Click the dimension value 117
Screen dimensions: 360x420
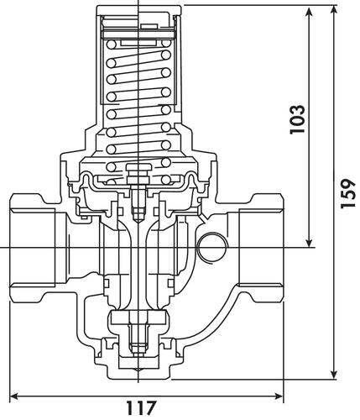pos(140,407)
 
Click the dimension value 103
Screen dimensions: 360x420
pos(297,119)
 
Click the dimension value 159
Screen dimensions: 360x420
pos(348,193)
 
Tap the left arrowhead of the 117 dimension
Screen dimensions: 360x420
pos(14,396)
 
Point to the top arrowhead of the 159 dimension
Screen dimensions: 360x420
pos(334,10)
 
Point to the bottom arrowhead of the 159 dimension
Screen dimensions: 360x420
pos(334,375)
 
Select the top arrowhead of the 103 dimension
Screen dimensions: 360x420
pos(309,12)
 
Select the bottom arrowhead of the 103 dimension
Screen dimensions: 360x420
pos(309,243)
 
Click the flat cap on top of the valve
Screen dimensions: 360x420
pos(139,10)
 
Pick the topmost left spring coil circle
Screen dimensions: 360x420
pos(112,45)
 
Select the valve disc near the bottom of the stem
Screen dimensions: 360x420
pos(139,318)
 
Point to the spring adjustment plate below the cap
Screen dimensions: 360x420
pos(139,34)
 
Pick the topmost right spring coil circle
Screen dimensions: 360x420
pos(166,44)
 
